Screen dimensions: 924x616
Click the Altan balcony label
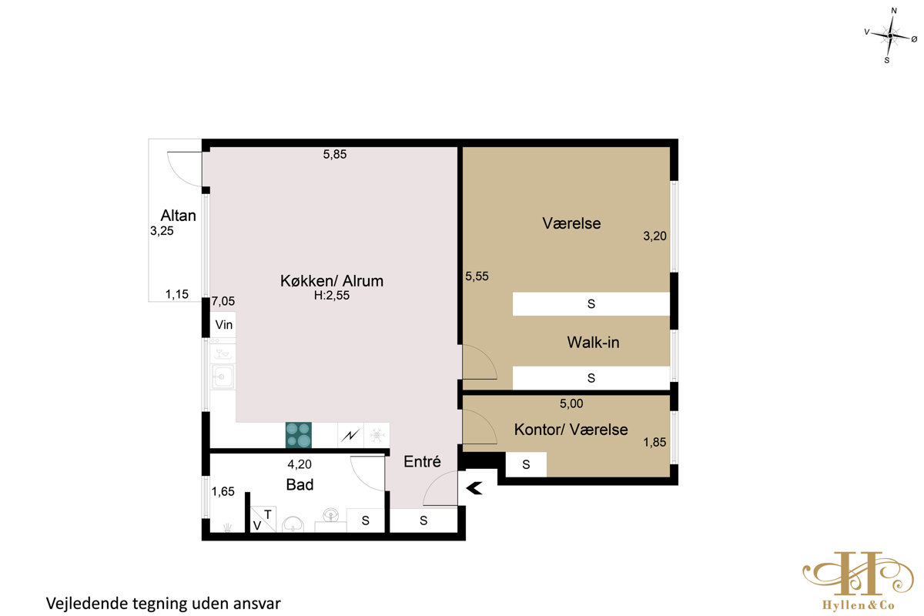178,216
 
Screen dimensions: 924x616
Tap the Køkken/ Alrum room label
332,280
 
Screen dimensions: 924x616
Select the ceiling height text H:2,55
332,296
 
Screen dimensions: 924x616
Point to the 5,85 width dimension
334,154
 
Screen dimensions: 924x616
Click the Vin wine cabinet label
223,325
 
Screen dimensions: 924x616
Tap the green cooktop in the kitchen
298,435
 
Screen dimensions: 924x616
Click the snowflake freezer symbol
377,435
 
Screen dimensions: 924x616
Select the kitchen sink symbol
223,377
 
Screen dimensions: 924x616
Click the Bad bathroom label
300,484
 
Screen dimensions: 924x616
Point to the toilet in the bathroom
293,524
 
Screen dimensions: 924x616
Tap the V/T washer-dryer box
263,519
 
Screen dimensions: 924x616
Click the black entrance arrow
474,488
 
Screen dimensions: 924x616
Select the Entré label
422,461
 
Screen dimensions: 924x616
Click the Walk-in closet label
593,342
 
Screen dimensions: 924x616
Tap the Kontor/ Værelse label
571,430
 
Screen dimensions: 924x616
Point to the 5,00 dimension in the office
571,403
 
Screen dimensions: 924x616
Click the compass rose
890,36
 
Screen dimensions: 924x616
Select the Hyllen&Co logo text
858,605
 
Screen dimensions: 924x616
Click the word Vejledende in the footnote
87,603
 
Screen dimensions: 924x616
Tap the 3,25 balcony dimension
162,231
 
